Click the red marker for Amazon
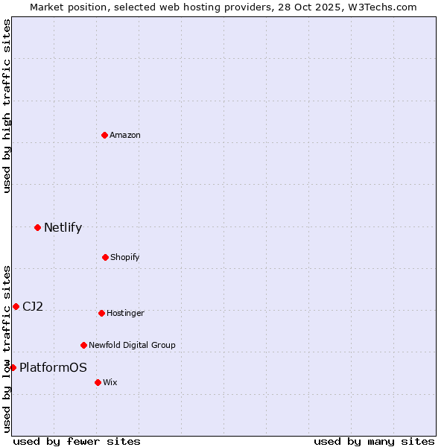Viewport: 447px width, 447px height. (105, 135)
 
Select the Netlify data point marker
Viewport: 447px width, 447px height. (37, 227)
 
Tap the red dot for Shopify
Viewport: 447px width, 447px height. (105, 257)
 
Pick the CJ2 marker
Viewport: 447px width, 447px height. (16, 306)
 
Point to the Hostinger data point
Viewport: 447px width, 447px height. (101, 313)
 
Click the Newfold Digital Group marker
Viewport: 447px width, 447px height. (83, 345)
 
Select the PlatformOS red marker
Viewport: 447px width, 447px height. (13, 367)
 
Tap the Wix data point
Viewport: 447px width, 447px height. (98, 382)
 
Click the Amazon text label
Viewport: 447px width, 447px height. (125, 135)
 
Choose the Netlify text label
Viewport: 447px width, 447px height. (63, 227)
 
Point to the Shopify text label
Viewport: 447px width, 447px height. (124, 257)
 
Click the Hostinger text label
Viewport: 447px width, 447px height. (125, 313)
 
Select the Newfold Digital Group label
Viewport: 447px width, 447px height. (132, 345)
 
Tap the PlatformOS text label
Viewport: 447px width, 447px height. (53, 367)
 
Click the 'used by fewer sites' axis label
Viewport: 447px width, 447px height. (77, 441)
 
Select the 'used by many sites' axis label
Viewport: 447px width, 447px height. (374, 441)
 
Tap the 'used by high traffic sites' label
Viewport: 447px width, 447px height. (7, 106)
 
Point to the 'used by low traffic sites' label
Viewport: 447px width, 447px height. (7, 349)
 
